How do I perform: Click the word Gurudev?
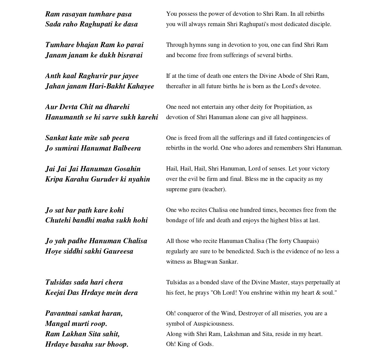104,179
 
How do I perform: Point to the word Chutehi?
57,220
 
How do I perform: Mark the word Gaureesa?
118,251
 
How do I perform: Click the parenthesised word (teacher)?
214,189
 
